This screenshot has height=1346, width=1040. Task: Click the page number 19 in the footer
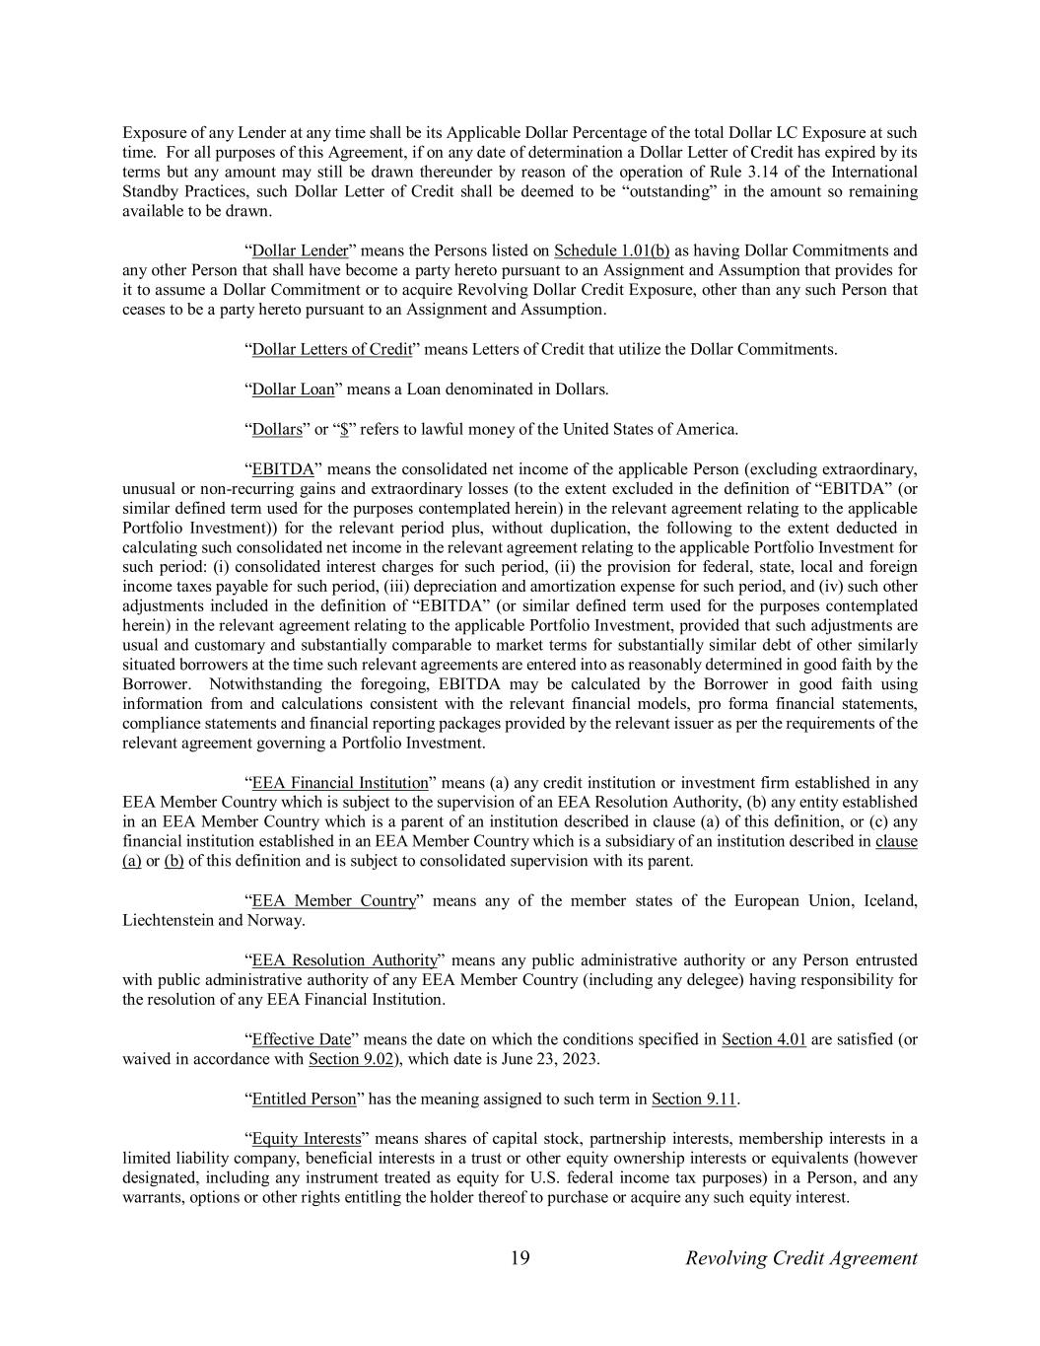pos(520,1258)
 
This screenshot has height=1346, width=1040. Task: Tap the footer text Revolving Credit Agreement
pos(800,1258)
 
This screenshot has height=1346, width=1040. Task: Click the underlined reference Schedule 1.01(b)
pos(612,250)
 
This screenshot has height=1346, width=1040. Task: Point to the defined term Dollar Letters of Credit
pos(332,349)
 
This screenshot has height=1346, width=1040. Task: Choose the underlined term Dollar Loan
pos(294,390)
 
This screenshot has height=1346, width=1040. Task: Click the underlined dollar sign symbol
pos(344,429)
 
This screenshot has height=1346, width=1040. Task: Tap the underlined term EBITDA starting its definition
pos(283,468)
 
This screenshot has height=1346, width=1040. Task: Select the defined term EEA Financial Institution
pos(340,783)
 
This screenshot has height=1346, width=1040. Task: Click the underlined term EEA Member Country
pos(334,901)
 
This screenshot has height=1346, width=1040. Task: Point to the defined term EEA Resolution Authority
pos(344,960)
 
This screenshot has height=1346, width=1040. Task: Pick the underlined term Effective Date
pos(302,1039)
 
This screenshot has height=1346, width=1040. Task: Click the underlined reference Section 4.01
pos(764,1039)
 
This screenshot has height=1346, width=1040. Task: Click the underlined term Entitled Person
pos(304,1098)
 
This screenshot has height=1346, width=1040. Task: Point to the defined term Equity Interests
pos(307,1138)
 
